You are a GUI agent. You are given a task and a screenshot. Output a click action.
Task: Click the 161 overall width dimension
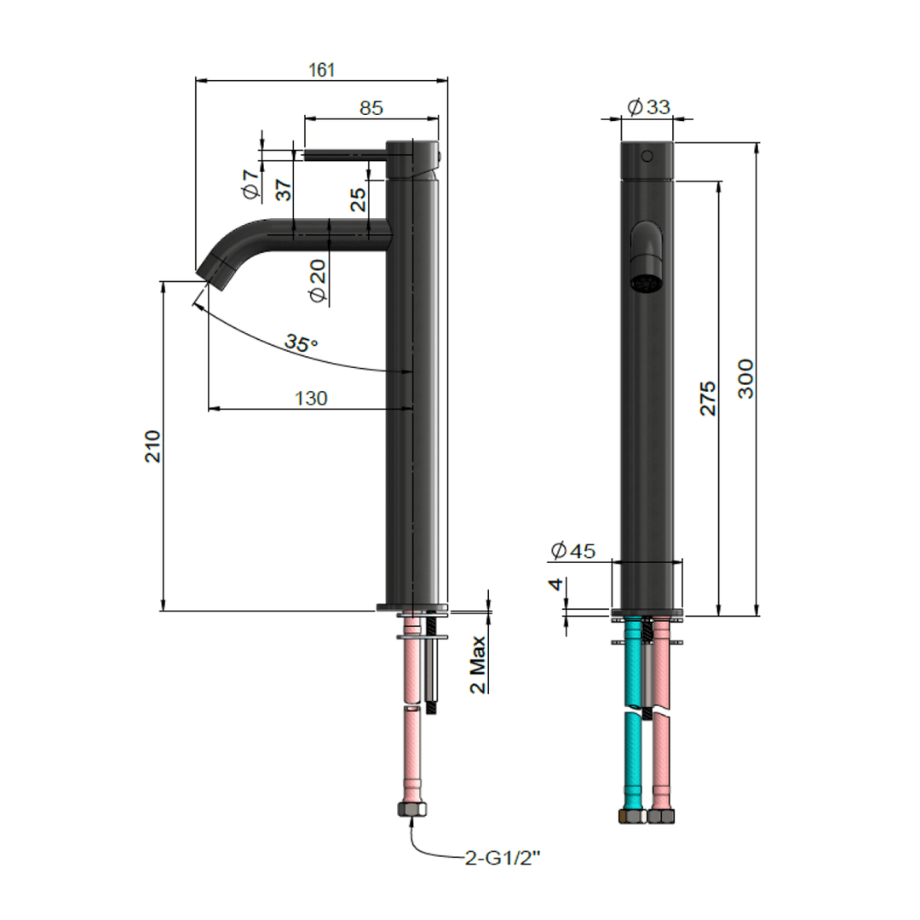(321, 71)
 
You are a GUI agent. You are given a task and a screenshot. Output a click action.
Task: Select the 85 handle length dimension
(371, 108)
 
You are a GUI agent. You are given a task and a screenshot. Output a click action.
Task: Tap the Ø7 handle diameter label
(250, 184)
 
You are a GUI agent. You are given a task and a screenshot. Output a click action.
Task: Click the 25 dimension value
(359, 199)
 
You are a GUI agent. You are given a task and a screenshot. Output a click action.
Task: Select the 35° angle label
(301, 343)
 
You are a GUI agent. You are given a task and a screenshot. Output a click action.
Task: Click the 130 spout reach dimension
(311, 398)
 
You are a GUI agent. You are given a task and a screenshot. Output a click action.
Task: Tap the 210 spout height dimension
(152, 446)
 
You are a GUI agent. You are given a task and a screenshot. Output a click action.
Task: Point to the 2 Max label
(479, 664)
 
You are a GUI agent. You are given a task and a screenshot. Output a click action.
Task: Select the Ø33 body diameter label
(648, 106)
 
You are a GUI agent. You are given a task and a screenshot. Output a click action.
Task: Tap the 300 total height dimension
(745, 377)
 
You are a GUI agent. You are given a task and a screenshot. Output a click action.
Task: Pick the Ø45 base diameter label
(572, 551)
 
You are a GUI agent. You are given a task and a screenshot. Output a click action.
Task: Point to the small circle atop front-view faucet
(647, 156)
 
